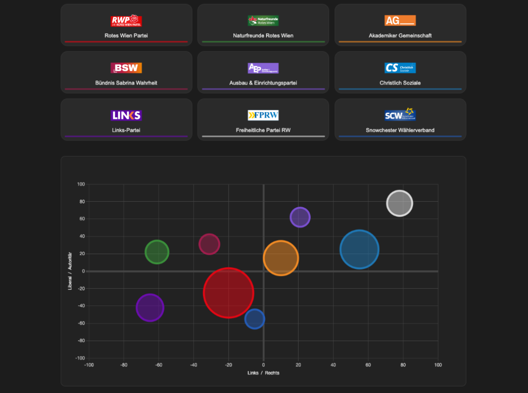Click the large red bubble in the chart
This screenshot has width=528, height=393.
[x=228, y=293]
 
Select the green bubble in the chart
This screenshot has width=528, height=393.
[x=157, y=252]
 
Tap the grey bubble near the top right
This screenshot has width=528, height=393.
[x=399, y=203]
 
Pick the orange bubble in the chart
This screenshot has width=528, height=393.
[x=281, y=258]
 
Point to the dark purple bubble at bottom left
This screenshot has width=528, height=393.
[x=150, y=307]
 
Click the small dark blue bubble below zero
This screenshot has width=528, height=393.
[x=254, y=319]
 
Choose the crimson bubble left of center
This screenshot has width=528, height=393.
[x=209, y=244]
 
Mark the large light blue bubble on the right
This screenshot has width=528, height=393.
[x=359, y=249]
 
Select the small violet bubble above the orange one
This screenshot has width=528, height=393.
[x=300, y=217]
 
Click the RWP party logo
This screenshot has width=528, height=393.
[x=126, y=21]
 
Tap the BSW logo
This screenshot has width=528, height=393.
[x=126, y=68]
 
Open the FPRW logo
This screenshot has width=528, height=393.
[x=263, y=115]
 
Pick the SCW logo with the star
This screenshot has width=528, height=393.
[x=400, y=115]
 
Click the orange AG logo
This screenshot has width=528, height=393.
[x=400, y=21]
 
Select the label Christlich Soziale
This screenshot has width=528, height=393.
[x=400, y=83]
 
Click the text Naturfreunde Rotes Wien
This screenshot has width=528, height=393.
[x=263, y=36]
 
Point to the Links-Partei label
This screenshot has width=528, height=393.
[x=126, y=130]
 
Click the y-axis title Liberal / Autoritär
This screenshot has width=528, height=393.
[x=70, y=271]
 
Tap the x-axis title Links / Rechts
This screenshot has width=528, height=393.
[x=263, y=373]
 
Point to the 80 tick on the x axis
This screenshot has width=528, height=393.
[x=403, y=365]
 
